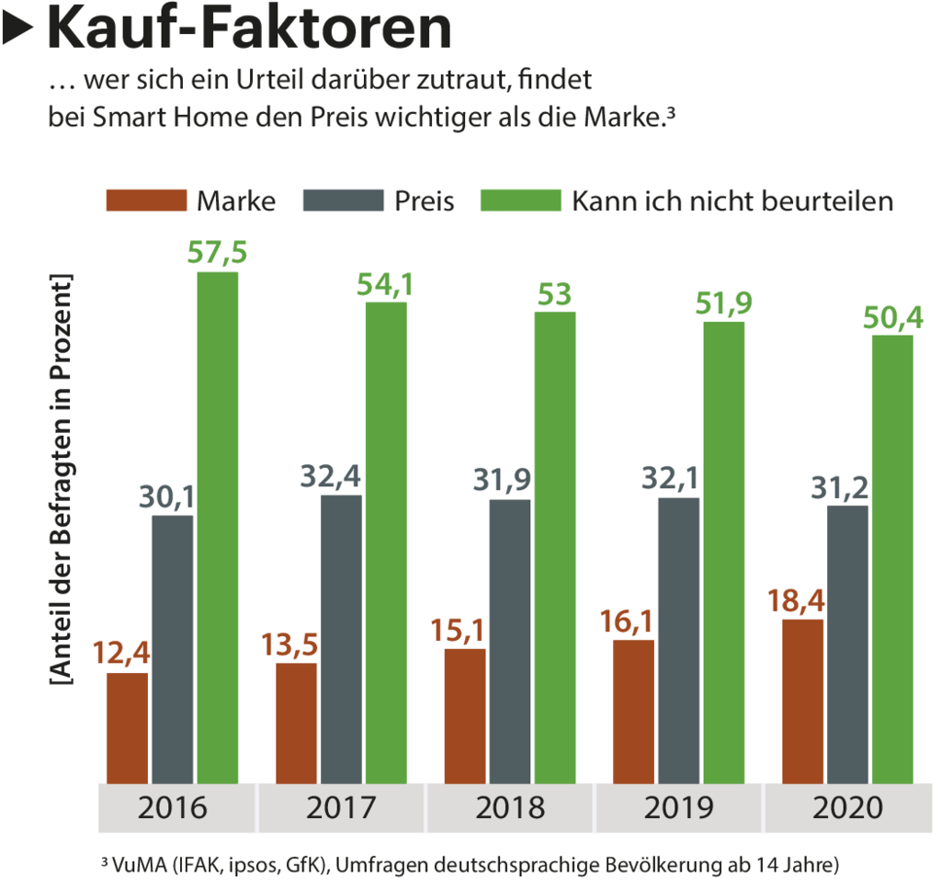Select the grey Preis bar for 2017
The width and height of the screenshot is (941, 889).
coord(341,639)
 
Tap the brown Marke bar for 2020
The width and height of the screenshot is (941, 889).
coord(802,701)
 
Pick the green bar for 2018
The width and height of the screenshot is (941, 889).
coord(555,547)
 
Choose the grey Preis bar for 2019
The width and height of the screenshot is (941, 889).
coord(678,640)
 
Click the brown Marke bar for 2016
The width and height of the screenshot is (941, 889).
coord(127,727)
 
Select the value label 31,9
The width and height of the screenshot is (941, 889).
coord(509,481)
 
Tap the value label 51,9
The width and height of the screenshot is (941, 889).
coord(723,302)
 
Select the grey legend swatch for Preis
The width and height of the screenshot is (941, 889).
coord(342,200)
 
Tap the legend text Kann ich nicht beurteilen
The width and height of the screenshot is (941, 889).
coord(731,200)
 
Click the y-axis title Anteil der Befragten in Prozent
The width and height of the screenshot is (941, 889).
coord(61,478)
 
